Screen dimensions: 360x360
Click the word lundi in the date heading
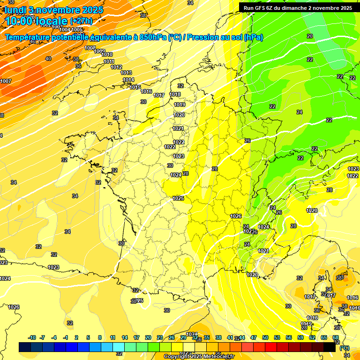click(x=15, y=9)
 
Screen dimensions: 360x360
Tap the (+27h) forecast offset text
click(x=81, y=21)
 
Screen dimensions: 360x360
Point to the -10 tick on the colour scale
click(x=32, y=337)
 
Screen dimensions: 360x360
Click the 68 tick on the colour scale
click(x=336, y=337)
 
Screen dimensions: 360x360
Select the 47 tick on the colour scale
click(x=254, y=337)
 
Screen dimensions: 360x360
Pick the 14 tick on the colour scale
click(x=125, y=337)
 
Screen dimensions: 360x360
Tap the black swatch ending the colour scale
click(x=330, y=347)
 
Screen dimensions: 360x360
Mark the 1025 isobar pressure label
click(x=178, y=198)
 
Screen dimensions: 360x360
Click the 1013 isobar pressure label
click(x=126, y=73)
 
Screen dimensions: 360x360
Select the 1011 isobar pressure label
click(x=109, y=61)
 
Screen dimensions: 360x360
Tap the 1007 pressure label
click(x=6, y=81)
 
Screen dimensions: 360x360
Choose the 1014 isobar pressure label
click(x=128, y=80)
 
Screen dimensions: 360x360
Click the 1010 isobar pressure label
click(x=107, y=55)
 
